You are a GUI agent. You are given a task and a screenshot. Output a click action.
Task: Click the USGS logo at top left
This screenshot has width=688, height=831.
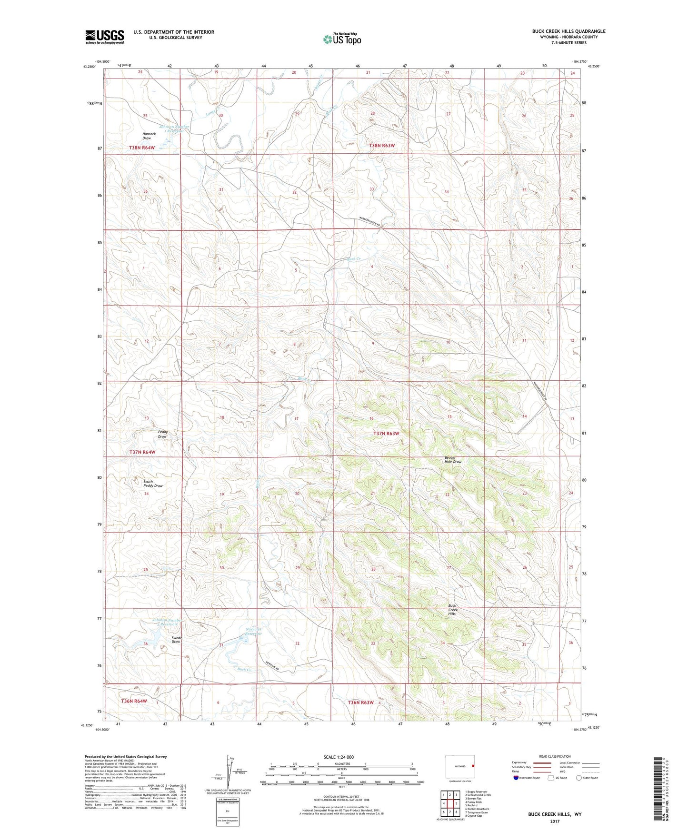(x=105, y=36)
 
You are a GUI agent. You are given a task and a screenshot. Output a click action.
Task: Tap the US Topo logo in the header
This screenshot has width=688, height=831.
(x=341, y=39)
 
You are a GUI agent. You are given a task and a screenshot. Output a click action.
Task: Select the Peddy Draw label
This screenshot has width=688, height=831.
(x=162, y=434)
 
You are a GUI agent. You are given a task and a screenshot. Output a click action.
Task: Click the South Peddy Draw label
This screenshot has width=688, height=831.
(x=153, y=484)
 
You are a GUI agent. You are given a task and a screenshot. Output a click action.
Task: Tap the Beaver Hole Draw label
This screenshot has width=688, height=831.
(x=453, y=460)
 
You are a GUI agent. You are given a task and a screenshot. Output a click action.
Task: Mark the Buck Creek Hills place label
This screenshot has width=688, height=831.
(x=452, y=610)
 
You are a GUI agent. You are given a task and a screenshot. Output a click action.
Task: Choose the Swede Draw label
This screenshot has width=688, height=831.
(x=176, y=639)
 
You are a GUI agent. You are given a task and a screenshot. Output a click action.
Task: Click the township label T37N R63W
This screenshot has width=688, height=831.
(x=386, y=434)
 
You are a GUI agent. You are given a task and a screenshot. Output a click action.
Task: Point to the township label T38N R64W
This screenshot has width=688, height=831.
(x=142, y=148)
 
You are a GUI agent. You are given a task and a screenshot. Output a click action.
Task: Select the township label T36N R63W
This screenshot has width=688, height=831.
(x=360, y=702)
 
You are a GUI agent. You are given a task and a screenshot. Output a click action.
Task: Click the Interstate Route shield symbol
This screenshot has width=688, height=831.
(x=516, y=778)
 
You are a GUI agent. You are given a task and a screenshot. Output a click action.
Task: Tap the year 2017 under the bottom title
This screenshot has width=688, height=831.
(x=554, y=821)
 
